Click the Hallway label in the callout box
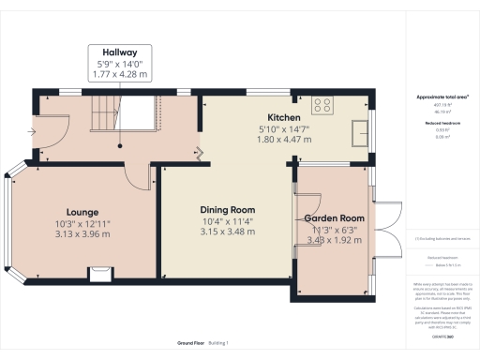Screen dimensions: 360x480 pyautogui.click(x=121, y=52)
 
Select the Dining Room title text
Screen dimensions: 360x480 pyautogui.click(x=229, y=209)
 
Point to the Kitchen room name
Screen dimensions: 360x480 pyautogui.click(x=282, y=117)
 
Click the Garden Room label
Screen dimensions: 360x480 pyautogui.click(x=335, y=217)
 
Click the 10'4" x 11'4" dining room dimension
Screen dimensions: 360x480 pyautogui.click(x=229, y=221)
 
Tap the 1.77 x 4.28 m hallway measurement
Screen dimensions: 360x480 pyautogui.click(x=121, y=74)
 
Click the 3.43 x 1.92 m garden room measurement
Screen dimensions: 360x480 pyautogui.click(x=335, y=240)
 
